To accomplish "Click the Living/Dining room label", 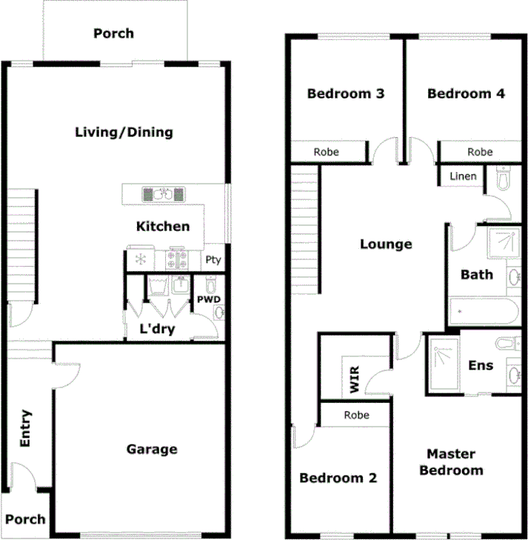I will (x=124, y=133).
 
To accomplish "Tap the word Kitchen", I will (x=162, y=227).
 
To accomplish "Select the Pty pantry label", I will (x=213, y=260).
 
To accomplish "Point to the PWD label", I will (x=208, y=299).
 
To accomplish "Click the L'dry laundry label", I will (x=157, y=329).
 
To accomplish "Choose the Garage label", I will (x=151, y=449).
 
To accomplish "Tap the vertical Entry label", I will (x=25, y=428).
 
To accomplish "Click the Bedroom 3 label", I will (x=345, y=93).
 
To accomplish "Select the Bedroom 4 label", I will (x=466, y=93).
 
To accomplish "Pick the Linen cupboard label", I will (x=463, y=176).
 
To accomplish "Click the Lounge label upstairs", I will (x=386, y=244).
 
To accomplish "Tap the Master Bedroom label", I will (x=451, y=462).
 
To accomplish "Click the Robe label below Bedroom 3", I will (x=326, y=152).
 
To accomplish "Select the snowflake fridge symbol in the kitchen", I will (x=139, y=260).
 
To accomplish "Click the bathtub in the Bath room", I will (x=481, y=313).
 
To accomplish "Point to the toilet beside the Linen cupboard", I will (x=504, y=179).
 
